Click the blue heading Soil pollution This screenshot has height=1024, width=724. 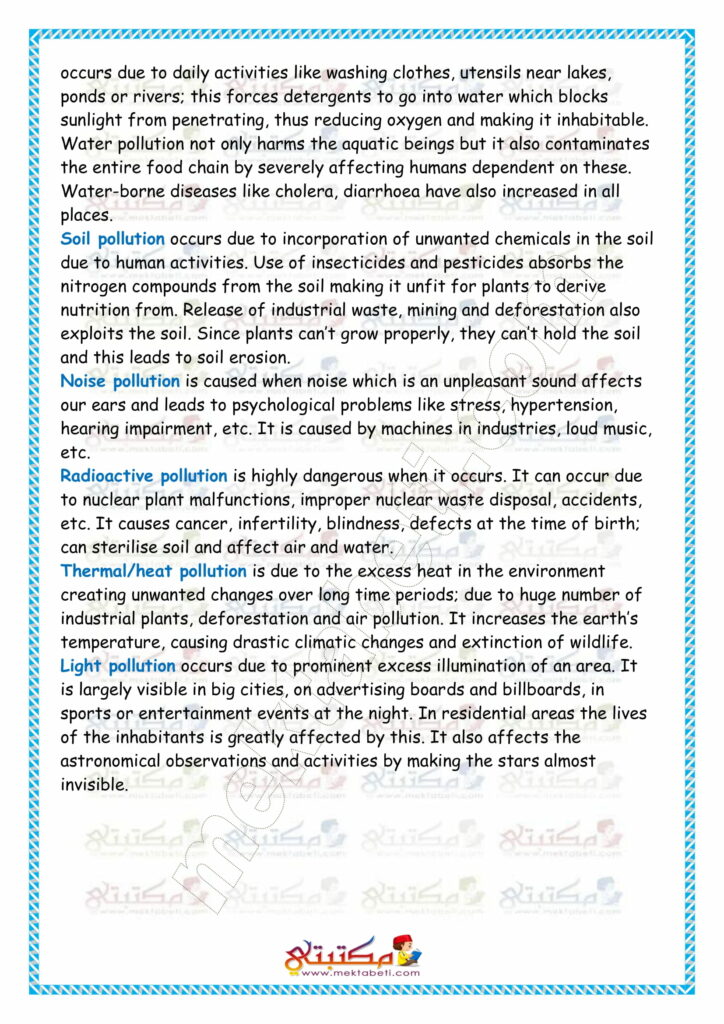113,240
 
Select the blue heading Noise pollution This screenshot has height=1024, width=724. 120,381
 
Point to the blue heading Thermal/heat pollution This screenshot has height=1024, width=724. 153,571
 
